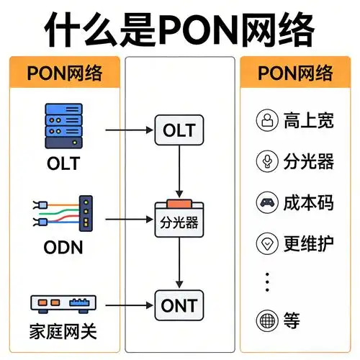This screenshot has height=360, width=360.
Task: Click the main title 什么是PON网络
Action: (x=180, y=30)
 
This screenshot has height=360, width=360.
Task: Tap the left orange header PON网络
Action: (x=64, y=73)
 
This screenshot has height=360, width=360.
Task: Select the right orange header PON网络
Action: (x=296, y=73)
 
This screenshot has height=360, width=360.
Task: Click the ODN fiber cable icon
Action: (x=63, y=211)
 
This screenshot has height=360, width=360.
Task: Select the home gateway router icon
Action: (x=63, y=302)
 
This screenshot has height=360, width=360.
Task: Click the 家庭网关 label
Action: (x=63, y=333)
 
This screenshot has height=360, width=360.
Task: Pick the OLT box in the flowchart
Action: (x=180, y=131)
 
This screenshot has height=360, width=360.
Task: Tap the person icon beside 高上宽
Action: (x=267, y=120)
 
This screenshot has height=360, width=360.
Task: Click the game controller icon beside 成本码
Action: (x=267, y=202)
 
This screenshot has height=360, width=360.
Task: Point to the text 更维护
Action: (x=309, y=243)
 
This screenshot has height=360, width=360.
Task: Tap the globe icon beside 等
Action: (x=267, y=320)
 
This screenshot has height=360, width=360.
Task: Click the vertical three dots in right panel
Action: (x=267, y=282)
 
